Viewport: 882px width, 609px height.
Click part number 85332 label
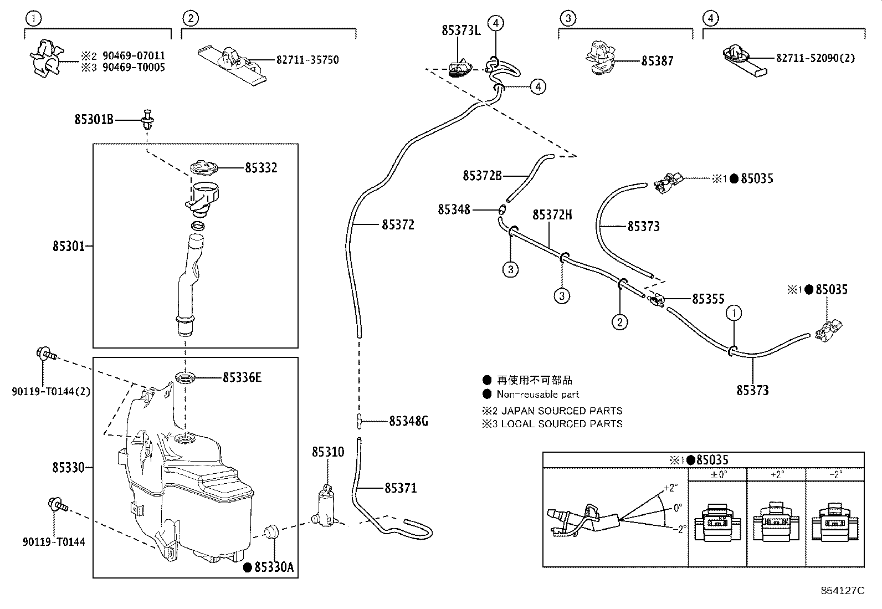coord(261,167)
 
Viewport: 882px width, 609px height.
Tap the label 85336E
coord(242,378)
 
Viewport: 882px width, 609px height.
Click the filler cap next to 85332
coord(203,168)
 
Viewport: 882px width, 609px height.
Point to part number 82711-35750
coord(307,60)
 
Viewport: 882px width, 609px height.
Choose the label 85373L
coord(461,30)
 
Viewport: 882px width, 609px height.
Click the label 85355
coord(708,299)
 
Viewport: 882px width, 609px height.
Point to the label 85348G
coord(408,421)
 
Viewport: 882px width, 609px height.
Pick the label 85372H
coord(552,215)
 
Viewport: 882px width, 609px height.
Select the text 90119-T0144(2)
coord(51,392)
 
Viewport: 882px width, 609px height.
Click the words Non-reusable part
coord(537,395)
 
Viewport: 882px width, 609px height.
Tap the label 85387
coord(658,62)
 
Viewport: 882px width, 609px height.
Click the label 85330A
coord(273,567)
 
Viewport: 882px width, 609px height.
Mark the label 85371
coord(401,488)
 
